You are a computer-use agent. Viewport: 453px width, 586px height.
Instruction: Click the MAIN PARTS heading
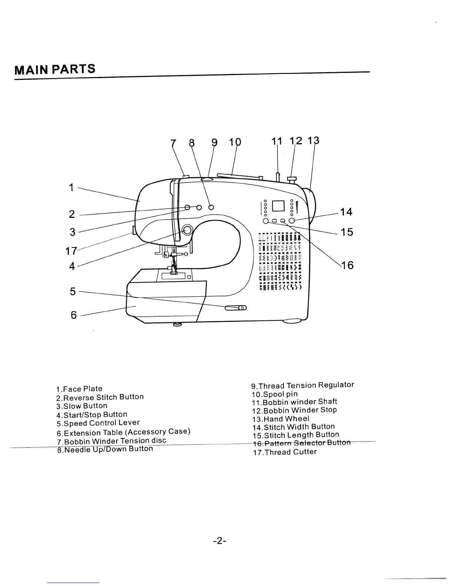55,69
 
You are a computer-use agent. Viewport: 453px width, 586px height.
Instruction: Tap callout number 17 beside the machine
71,251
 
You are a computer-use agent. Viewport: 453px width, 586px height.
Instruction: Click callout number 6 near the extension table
73,315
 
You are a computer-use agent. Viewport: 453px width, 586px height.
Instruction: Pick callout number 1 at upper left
71,188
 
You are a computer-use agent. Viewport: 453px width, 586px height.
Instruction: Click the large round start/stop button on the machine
187,230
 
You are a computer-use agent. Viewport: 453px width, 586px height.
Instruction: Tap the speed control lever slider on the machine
236,307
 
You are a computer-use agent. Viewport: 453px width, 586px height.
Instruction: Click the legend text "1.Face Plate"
79,389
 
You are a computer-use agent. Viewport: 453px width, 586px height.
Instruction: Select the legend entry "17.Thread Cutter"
285,452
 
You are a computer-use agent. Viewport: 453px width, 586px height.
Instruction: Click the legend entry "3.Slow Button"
82,406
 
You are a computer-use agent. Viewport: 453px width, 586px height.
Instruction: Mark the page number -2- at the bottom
219,541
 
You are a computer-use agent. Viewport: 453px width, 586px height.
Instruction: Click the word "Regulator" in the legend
336,385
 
